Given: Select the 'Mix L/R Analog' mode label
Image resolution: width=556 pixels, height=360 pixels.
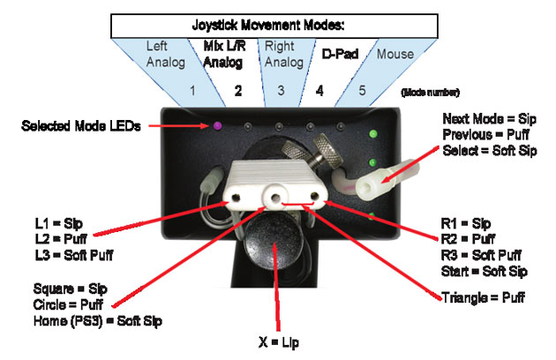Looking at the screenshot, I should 224,55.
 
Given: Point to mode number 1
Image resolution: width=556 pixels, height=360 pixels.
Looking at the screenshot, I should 192,90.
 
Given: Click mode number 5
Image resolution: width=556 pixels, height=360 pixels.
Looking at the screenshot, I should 361,90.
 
